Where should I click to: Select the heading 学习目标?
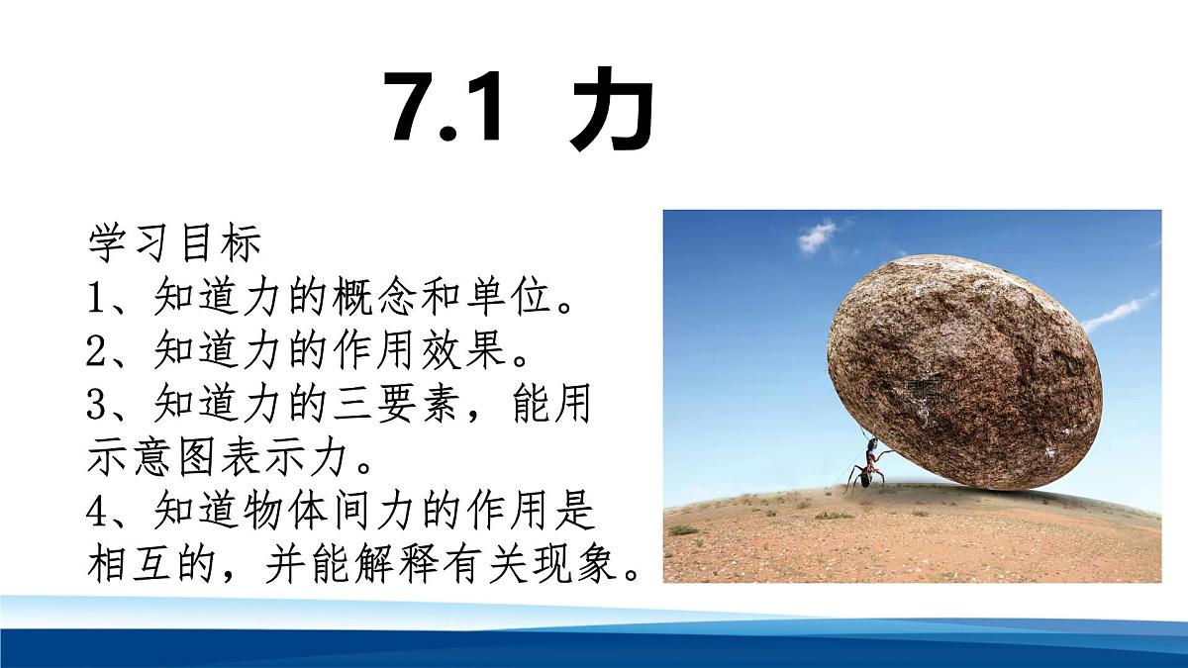pos(174,242)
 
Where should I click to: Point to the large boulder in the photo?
pos(965,371)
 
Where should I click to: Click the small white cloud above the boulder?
pos(818,236)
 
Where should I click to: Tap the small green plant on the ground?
pos(683,530)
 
